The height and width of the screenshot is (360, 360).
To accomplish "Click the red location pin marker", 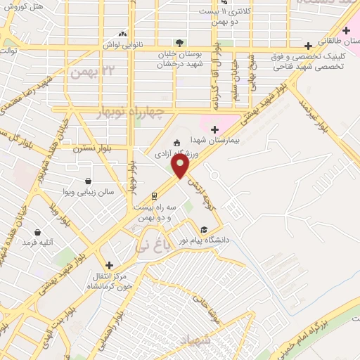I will point(181,167).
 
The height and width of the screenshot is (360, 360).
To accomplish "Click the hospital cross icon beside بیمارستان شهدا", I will point(214,128).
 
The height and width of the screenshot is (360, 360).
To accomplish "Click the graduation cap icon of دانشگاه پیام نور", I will point(204,229).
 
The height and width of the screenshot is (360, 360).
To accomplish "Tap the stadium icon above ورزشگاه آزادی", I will point(176,143).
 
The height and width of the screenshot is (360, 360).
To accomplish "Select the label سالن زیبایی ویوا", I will point(87,191).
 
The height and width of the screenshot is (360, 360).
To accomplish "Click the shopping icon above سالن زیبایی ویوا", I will point(88,180).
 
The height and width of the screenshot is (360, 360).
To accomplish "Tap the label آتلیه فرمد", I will point(38,242).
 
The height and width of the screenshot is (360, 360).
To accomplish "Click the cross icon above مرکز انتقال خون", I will point(109,265).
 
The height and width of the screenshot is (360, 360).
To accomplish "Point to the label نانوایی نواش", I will point(123,44).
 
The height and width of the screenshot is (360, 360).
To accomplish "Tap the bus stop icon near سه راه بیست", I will point(153,195).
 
